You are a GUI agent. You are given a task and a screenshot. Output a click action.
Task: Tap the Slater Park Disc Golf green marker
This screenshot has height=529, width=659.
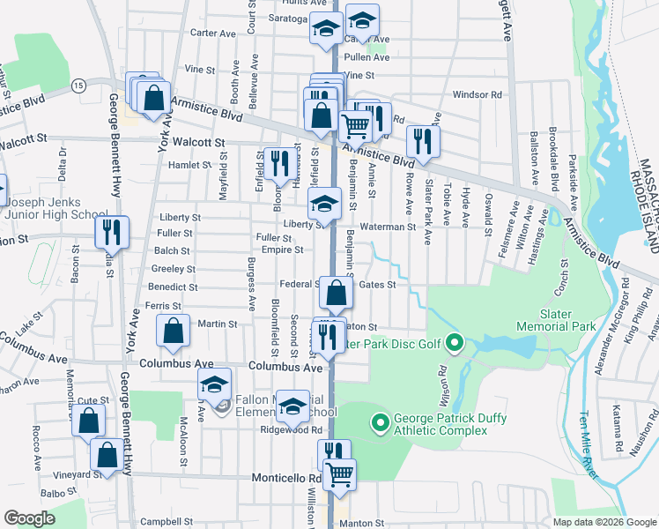[x=455, y=341]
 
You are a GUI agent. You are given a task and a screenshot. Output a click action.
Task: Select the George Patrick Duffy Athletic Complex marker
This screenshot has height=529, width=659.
[x=381, y=424]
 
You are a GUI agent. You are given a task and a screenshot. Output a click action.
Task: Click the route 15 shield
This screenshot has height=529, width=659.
[x=78, y=85]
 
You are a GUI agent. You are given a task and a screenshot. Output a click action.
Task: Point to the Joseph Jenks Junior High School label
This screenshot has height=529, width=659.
[x=55, y=206]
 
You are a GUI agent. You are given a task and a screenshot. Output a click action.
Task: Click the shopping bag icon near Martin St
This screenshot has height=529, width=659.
[x=174, y=332]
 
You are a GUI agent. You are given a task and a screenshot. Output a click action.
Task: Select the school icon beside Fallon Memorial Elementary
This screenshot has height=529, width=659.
[x=213, y=385]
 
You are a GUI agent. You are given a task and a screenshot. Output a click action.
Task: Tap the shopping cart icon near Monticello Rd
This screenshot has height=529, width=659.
[x=339, y=474]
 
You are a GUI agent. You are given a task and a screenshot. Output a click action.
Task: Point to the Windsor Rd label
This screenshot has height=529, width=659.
[x=477, y=94]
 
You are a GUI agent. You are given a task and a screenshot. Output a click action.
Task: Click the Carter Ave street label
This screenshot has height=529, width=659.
[x=214, y=34]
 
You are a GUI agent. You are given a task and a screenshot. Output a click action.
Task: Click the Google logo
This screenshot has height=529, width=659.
[x=30, y=518]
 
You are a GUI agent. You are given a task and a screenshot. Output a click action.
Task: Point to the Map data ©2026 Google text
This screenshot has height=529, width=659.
[x=603, y=522]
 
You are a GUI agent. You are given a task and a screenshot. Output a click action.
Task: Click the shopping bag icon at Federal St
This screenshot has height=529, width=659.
[x=336, y=294]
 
